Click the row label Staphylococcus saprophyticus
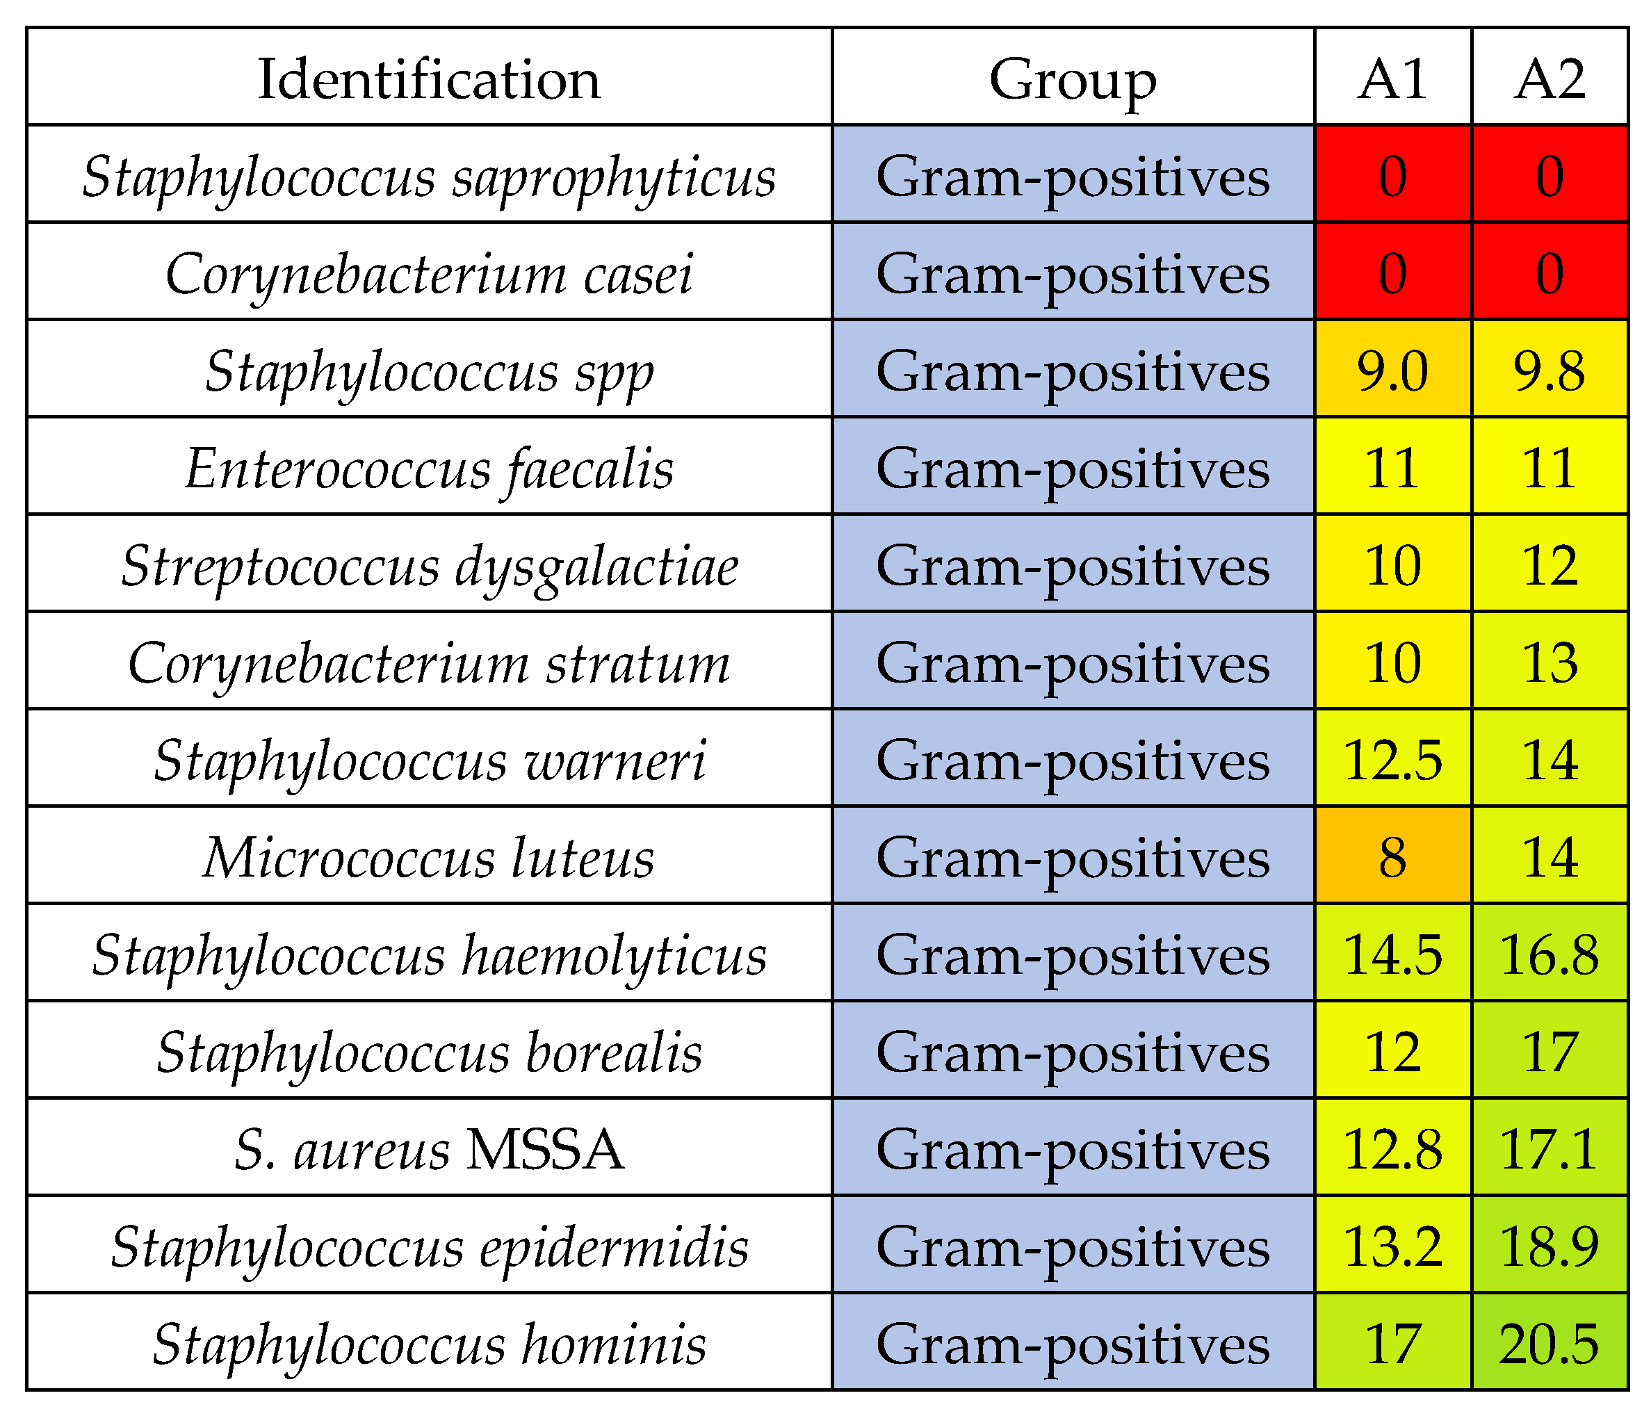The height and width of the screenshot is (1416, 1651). coord(429,176)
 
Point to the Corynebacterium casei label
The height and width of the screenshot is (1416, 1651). coord(429,273)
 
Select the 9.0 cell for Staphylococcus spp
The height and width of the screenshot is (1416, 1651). coord(1392,371)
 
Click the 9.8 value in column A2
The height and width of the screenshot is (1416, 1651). coord(1549,371)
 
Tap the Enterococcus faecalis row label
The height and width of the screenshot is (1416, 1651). coord(429,469)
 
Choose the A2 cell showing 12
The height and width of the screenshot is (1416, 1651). coord(1549,566)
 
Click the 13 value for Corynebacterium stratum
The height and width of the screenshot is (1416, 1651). coord(1549,663)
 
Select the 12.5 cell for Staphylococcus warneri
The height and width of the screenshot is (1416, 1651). coord(1392,760)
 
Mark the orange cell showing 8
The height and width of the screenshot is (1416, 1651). coord(1392,857)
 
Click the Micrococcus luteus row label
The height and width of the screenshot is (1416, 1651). coord(429,857)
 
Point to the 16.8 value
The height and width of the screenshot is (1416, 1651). coord(1549,954)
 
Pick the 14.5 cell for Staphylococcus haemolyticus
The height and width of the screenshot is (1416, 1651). coord(1392,954)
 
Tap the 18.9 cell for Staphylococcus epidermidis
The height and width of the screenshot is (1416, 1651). coord(1549,1247)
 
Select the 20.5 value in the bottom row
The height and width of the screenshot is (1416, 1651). coord(1549,1344)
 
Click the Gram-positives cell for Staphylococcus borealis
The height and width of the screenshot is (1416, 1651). coord(1073,1052)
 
